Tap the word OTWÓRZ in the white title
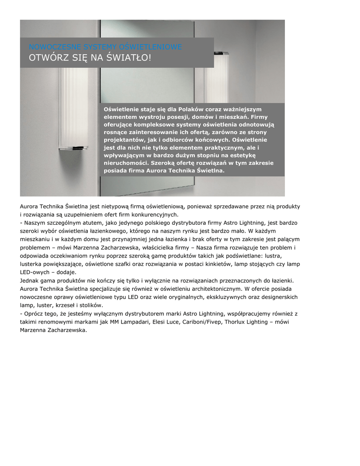click(x=46, y=58)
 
